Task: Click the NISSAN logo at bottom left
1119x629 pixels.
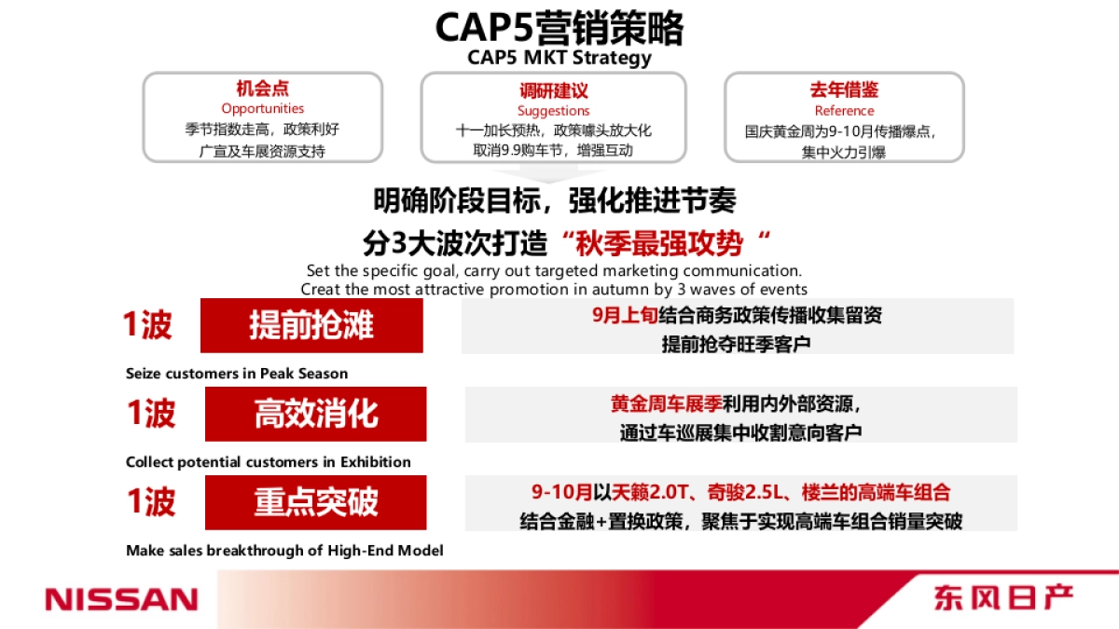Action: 122,598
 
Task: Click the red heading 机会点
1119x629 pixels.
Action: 262,89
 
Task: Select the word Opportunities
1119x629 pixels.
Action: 262,109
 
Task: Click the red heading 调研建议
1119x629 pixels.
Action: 554,90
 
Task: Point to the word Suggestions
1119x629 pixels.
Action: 554,111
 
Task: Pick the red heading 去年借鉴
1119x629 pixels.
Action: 844,90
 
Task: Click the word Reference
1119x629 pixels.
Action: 844,111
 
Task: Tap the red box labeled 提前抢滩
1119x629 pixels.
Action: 311,326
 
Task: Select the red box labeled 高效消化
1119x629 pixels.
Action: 315,415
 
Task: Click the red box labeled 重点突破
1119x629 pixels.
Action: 315,502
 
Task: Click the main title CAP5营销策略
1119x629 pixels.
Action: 559,28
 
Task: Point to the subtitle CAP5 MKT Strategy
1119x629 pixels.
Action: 559,58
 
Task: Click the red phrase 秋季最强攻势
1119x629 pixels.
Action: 660,244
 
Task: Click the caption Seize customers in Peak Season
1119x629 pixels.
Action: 237,374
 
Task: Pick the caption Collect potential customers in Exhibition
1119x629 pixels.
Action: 269,462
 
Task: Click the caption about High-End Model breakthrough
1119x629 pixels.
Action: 284,551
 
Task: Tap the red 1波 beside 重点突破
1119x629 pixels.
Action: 151,502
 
